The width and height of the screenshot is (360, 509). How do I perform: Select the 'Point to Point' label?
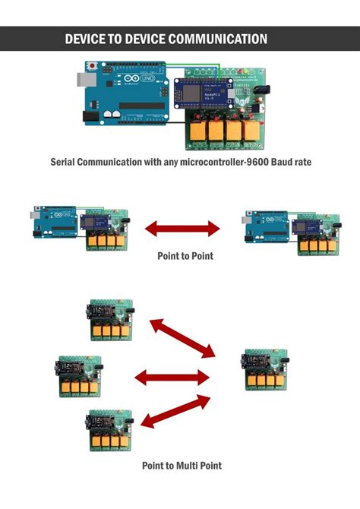tap(185, 256)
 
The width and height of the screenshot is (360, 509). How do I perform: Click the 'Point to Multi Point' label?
tap(182, 465)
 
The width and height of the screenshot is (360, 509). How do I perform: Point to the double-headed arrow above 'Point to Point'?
tap(182, 227)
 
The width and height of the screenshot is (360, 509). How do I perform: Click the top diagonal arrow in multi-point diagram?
tap(182, 337)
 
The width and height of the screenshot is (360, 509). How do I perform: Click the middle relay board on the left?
tap(81, 376)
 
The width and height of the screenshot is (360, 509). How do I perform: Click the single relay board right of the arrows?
tap(266, 370)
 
